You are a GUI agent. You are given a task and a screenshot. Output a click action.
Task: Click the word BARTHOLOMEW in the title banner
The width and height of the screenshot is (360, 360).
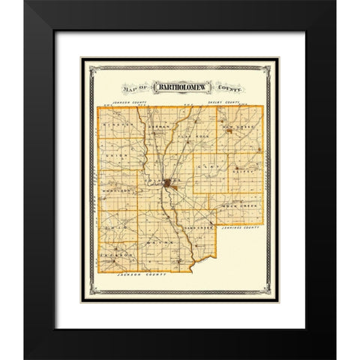pyautogui.click(x=178, y=85)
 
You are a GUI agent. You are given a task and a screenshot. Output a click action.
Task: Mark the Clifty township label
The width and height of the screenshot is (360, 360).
pyautogui.click(x=241, y=172)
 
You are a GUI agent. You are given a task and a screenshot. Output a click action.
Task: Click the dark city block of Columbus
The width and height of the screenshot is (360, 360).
pyautogui.click(x=173, y=182)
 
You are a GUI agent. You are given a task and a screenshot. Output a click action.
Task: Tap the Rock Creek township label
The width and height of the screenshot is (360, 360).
pyautogui.click(x=240, y=205)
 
